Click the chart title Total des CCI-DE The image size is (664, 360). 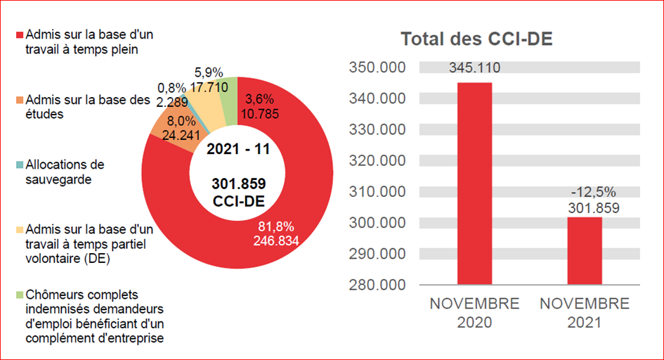(476, 40)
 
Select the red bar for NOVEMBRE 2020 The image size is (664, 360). (475, 183)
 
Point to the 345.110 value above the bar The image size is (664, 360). (475, 68)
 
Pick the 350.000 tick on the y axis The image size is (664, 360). (377, 67)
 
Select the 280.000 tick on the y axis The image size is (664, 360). (377, 285)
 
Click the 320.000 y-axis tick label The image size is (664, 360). (377, 160)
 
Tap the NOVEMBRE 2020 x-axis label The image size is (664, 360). (475, 314)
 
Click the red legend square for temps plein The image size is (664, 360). (20, 34)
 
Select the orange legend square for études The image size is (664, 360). (20, 100)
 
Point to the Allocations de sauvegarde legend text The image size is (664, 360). (65, 172)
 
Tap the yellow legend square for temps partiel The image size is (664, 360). (20, 230)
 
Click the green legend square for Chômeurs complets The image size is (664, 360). (20, 295)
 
